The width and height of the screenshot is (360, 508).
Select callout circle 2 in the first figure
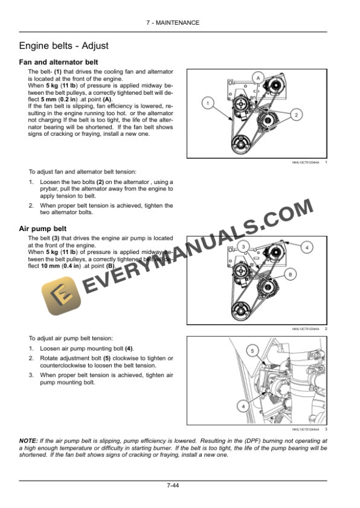point(296,114)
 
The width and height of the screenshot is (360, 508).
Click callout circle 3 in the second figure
point(243,245)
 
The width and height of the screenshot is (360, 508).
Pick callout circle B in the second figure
point(289,275)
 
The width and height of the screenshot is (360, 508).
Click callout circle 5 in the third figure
point(252,351)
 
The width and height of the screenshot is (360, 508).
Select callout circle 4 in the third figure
point(243,405)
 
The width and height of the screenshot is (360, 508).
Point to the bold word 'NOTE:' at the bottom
point(29,441)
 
